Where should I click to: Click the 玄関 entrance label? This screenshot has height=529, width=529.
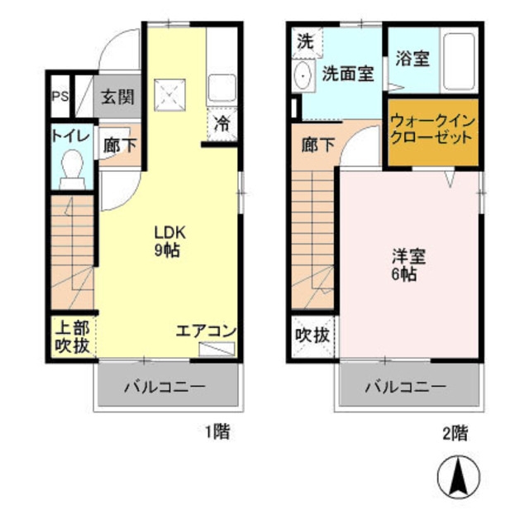point(117,96)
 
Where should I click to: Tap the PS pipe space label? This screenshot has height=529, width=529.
point(60,97)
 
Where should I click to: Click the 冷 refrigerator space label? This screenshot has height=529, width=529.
point(222,125)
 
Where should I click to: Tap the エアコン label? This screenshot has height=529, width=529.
point(206,331)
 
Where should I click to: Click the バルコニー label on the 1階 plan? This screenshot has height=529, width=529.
point(164,386)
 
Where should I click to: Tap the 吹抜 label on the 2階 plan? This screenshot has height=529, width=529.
point(312,336)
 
